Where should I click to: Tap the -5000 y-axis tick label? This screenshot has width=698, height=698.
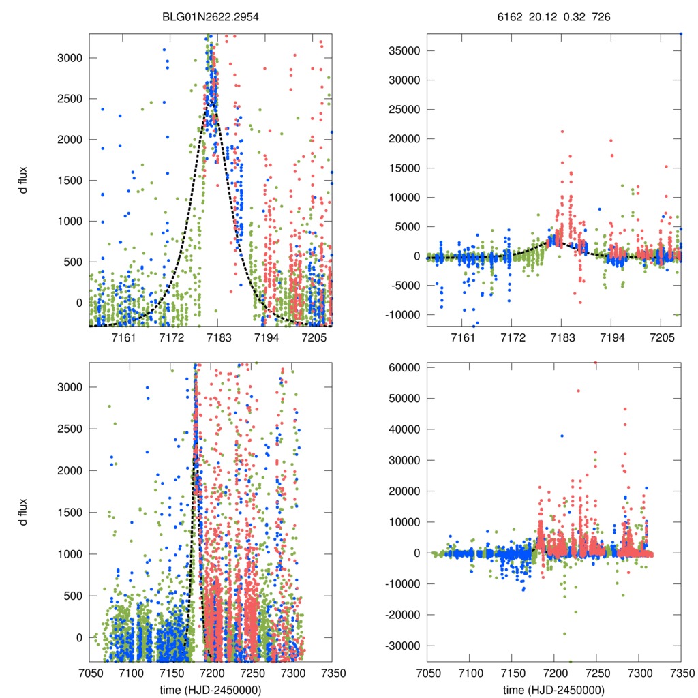click(404, 285)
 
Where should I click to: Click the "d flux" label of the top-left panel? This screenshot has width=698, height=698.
click(23, 180)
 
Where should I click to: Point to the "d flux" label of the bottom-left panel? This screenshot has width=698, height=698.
click(23, 513)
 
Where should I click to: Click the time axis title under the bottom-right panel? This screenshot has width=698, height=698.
click(553, 690)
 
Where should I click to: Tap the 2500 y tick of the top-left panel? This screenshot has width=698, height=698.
click(69, 99)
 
